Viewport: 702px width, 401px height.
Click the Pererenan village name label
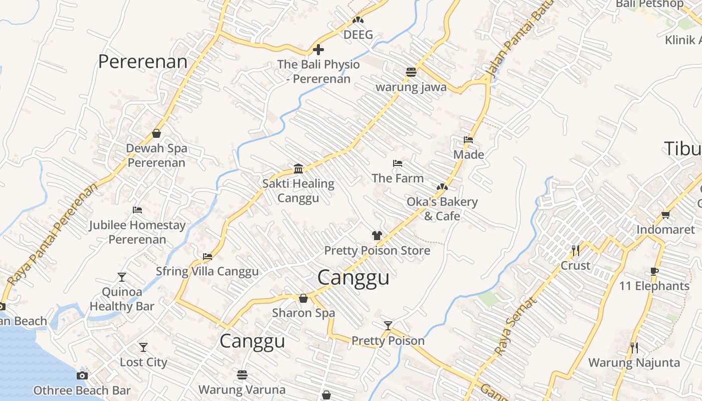click(142, 62)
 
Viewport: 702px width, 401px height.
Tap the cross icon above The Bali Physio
click(318, 50)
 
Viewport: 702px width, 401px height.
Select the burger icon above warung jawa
click(411, 72)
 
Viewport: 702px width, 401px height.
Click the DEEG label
click(358, 35)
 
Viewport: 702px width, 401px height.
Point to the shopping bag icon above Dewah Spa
click(156, 133)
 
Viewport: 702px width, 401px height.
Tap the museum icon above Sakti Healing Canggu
click(298, 168)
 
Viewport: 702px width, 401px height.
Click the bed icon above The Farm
click(398, 163)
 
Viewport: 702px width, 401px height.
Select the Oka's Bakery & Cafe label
click(442, 209)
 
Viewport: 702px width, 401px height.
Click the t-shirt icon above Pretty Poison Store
click(377, 235)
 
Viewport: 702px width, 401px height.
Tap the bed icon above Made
click(468, 139)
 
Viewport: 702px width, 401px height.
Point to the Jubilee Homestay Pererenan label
click(137, 232)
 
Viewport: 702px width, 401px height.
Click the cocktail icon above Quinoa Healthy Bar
click(122, 277)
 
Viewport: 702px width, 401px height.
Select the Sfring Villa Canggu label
click(207, 271)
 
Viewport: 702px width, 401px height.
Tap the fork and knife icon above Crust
click(575, 250)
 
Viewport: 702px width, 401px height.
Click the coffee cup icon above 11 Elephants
click(654, 271)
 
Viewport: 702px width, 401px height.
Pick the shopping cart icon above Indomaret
click(665, 215)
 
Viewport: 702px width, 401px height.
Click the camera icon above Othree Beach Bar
click(82, 375)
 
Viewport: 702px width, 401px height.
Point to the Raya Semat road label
click(515, 325)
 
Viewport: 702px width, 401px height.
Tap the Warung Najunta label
click(634, 362)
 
